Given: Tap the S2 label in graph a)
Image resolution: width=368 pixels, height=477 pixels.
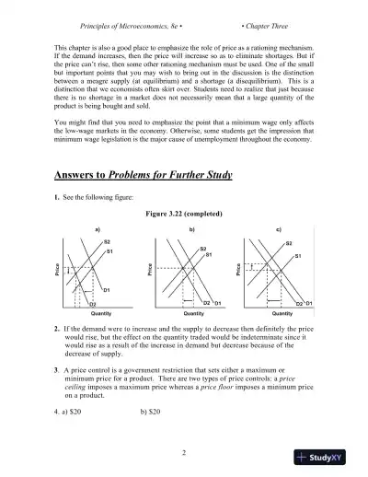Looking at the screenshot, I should tap(107, 241).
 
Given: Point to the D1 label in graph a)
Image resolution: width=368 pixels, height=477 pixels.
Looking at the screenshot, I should tap(107, 290).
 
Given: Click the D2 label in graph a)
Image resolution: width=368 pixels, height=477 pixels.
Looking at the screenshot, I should tap(92, 302).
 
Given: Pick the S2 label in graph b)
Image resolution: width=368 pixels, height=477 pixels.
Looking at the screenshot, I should tap(202, 248).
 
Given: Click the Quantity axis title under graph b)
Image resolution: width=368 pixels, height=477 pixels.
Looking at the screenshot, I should tap(191, 313).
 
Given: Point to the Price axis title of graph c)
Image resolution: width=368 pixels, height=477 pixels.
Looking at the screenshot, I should tap(238, 272).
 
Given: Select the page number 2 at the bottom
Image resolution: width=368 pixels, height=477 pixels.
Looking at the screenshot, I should tap(184, 452).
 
